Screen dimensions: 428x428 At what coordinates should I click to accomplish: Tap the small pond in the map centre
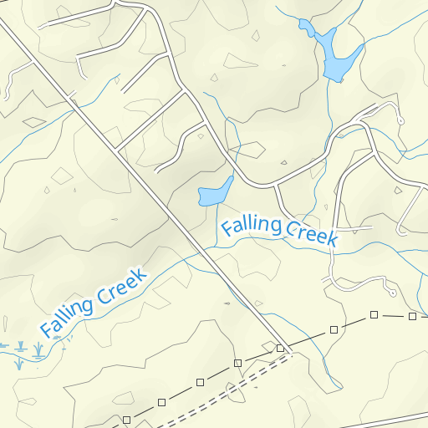[214, 193]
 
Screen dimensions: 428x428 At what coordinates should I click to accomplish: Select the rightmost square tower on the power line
[412, 316]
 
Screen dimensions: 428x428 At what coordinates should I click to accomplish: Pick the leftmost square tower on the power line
[126, 419]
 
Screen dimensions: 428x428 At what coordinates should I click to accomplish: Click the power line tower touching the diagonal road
[281, 348]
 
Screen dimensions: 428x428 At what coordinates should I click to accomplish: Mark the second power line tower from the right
[374, 315]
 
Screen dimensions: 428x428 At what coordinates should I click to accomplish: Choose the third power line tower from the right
[334, 329]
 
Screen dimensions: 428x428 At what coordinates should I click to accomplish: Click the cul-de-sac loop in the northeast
[400, 120]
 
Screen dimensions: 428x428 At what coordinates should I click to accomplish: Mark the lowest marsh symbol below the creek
[18, 364]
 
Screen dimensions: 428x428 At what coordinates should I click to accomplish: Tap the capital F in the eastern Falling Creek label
[227, 227]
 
